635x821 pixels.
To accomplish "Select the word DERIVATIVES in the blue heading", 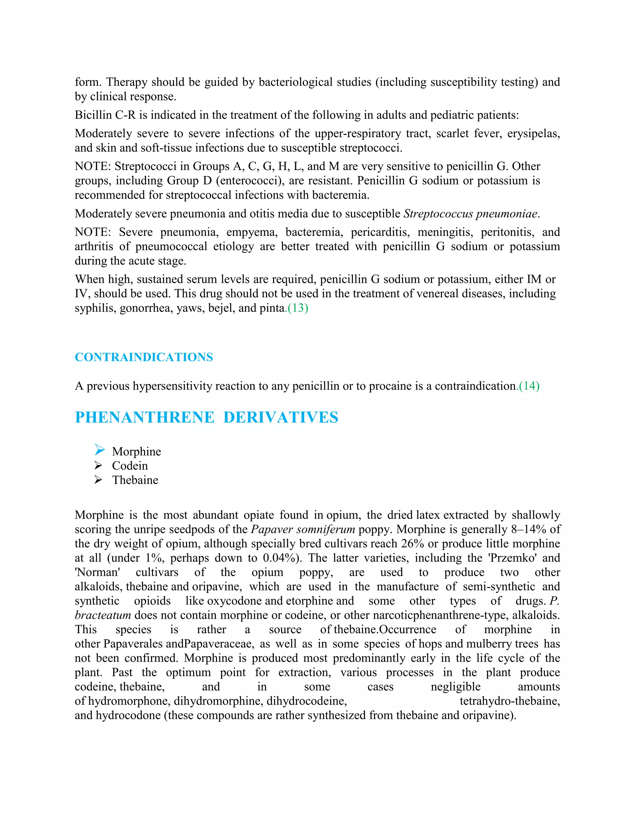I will [281, 418].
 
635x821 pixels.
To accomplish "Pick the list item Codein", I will [130, 466].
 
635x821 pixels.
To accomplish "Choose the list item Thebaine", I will [135, 480].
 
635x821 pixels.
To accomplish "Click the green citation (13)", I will [298, 308].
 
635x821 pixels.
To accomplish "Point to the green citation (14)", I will [529, 386].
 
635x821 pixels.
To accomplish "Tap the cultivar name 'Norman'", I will [97, 572].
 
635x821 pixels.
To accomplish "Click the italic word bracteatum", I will [103, 615].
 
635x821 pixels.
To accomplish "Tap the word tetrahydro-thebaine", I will [510, 701].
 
